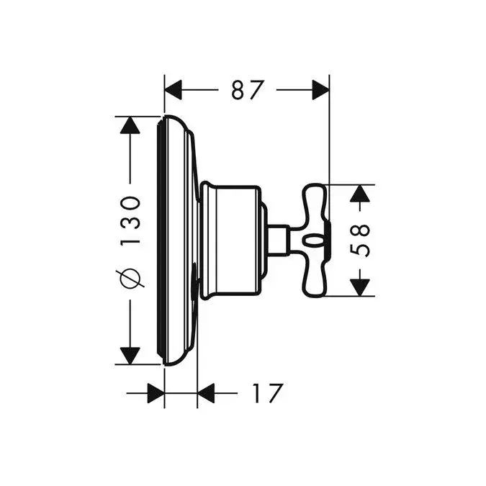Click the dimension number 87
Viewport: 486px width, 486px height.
tap(248, 90)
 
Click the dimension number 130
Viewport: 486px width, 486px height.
tap(130, 220)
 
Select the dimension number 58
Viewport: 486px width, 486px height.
tap(360, 240)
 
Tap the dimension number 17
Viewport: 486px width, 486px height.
tap(268, 393)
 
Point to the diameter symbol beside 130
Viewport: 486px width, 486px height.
tap(130, 278)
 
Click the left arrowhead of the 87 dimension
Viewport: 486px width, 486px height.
tap(173, 90)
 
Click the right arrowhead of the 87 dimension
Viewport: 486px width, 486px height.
tap(320, 90)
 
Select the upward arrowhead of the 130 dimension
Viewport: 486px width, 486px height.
tap(130, 125)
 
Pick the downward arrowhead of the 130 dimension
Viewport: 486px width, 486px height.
tap(130, 356)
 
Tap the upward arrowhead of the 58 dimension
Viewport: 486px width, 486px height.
tap(360, 194)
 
